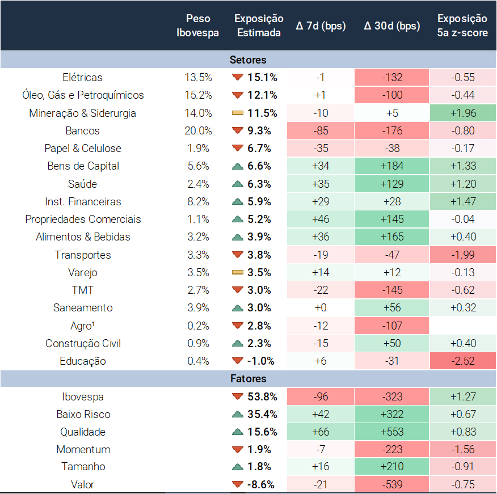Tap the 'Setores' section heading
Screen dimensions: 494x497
coord(248,60)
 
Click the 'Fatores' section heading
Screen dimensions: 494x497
coord(248,378)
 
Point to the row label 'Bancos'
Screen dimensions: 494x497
coord(82,130)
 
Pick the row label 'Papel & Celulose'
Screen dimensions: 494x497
coord(82,149)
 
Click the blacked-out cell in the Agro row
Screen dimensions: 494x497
coord(462,326)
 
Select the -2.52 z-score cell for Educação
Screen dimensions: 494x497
coord(462,361)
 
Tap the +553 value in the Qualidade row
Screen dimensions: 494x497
coord(391,432)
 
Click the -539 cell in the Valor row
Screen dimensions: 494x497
coord(391,484)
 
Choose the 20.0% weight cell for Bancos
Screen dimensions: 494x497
coord(198,130)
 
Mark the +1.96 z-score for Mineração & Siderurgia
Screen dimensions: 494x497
coord(462,113)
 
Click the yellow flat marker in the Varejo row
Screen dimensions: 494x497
coord(237,273)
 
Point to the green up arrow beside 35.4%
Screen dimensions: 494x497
coord(237,414)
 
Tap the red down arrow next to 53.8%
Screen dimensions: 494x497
coord(237,396)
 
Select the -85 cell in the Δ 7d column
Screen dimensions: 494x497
coord(321,130)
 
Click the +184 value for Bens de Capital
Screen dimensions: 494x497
coord(391,166)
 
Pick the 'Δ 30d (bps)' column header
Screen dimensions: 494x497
coord(391,26)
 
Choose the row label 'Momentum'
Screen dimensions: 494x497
coord(83,449)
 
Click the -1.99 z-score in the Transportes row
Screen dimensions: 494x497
coord(462,255)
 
